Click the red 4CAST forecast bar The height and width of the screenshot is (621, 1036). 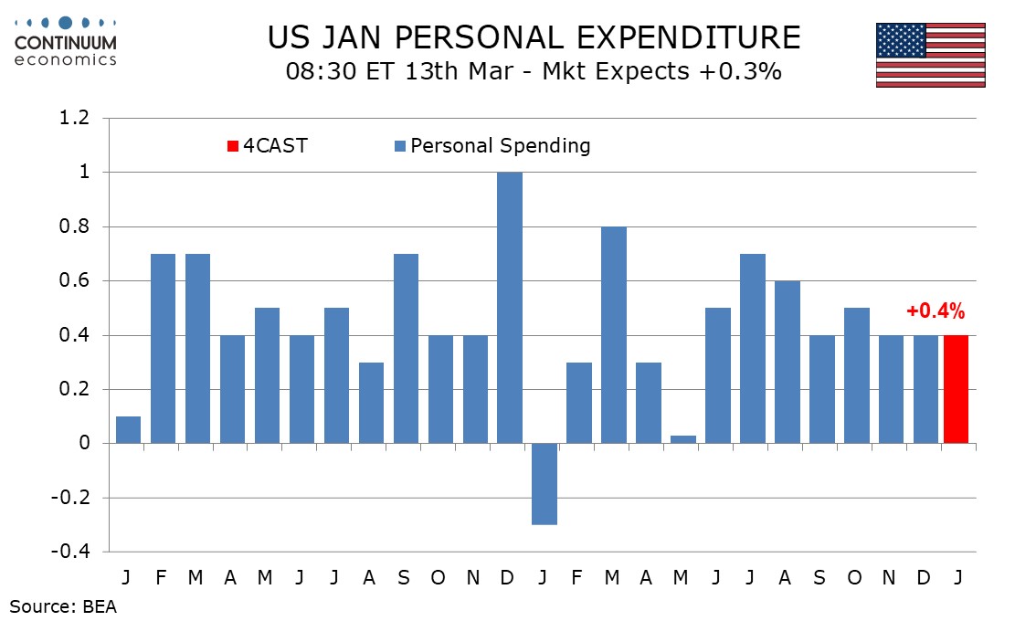955,389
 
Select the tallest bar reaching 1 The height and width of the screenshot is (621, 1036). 511,308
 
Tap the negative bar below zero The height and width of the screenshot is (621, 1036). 545,484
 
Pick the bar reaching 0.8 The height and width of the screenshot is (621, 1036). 615,334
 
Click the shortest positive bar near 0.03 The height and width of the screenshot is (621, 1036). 684,439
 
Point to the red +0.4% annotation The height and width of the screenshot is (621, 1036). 935,311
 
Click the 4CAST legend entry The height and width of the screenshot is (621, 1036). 268,145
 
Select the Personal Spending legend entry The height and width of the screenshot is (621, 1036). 492,145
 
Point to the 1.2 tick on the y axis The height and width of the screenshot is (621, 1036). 75,118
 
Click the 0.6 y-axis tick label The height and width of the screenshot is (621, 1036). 75,280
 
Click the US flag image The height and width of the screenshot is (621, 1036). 930,55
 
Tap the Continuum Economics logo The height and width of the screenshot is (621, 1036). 66,41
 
